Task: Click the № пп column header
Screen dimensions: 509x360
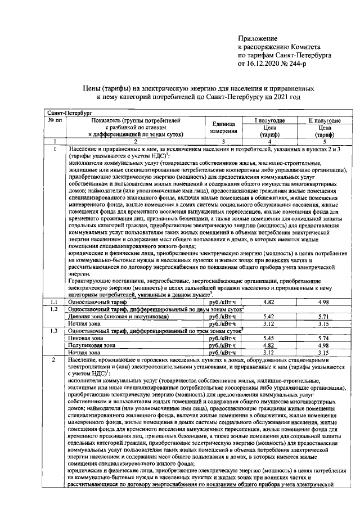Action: (x=55, y=120)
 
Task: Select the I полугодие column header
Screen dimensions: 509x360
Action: (x=269, y=120)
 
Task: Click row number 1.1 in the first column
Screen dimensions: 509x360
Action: (x=55, y=302)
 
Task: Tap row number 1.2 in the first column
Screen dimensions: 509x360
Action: (x=55, y=309)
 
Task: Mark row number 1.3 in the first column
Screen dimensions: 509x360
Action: (x=55, y=331)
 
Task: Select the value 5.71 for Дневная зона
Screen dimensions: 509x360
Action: (x=322, y=317)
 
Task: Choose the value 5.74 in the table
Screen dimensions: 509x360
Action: (x=322, y=338)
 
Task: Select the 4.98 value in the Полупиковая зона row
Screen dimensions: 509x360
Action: (x=322, y=345)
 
